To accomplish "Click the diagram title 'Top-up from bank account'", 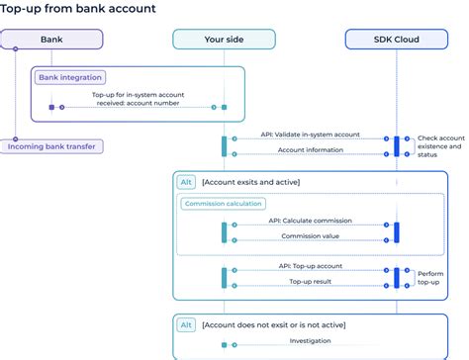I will click(78, 9).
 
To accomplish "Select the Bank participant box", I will click(51, 41).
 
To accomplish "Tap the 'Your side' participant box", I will click(209, 41).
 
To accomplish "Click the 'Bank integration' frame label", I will click(71, 77).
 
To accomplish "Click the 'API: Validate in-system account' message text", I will click(311, 134).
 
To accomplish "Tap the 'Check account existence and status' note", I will click(439, 146).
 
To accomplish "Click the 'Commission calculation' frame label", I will click(223, 204).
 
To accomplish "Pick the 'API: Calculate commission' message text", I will click(309, 221).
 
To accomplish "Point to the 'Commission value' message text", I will click(309, 236).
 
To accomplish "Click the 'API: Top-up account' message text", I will click(311, 266).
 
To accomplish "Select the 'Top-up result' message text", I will click(309, 282).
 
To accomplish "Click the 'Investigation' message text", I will click(309, 340).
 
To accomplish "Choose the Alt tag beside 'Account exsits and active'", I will click(185, 182).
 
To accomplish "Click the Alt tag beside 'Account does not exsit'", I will click(185, 324).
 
